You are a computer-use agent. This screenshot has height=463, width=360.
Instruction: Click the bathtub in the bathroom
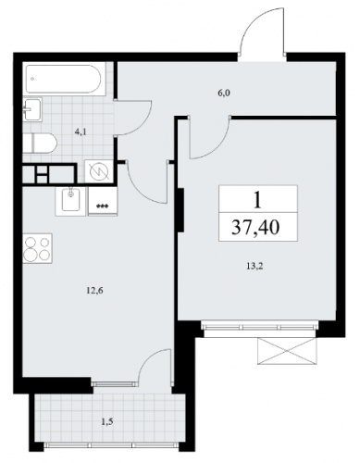click(63, 79)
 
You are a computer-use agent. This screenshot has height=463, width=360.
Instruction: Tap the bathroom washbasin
click(32, 109)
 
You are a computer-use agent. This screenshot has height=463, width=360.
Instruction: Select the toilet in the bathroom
click(40, 143)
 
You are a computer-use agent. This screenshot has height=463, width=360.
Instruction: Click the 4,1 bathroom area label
click(80, 132)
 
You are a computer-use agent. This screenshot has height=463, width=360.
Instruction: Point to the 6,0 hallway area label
click(224, 93)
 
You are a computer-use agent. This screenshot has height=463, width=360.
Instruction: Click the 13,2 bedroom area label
click(254, 267)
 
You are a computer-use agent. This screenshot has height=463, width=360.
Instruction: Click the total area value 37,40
click(255, 228)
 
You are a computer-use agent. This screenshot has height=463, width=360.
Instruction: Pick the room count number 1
click(256, 201)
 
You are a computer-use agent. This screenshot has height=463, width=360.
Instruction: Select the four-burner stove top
click(37, 248)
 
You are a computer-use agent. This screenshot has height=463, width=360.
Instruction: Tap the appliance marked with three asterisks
click(103, 201)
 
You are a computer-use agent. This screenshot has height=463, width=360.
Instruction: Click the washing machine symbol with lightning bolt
click(99, 173)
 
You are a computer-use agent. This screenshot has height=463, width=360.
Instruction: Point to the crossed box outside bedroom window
click(287, 351)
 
